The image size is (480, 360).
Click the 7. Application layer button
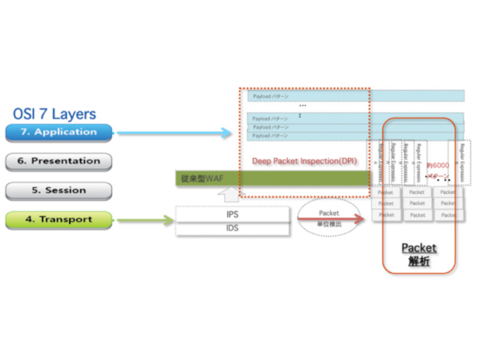58,132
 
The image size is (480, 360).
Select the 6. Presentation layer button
58,161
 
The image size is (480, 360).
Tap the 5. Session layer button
58,190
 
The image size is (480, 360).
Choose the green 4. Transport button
58,220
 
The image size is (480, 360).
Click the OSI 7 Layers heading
55,114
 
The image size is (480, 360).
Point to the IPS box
233,214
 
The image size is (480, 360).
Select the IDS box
233,229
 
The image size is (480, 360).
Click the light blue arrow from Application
174,133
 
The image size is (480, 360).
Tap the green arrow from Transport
145,221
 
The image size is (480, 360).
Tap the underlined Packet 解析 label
419,254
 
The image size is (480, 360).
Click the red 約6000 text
437,165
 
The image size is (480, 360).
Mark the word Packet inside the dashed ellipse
329,213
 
